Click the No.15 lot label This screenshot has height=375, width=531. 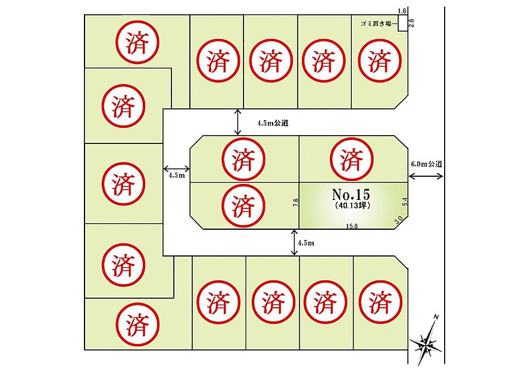pyautogui.click(x=351, y=195)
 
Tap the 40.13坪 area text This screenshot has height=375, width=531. pyautogui.click(x=351, y=205)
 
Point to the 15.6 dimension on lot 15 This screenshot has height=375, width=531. pyautogui.click(x=352, y=226)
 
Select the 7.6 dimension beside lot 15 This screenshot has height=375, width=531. pyautogui.click(x=296, y=202)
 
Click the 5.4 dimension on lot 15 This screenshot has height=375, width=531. pyautogui.click(x=405, y=202)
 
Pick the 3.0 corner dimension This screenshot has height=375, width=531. pyautogui.click(x=399, y=220)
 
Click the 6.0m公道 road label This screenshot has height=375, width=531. pyautogui.click(x=427, y=164)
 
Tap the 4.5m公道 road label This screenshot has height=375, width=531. pyautogui.click(x=273, y=123)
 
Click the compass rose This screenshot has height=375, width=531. pyautogui.click(x=426, y=342)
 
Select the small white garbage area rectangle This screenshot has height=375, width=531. pyautogui.click(x=402, y=23)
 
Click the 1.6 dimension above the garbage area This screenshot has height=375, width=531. pyautogui.click(x=402, y=11)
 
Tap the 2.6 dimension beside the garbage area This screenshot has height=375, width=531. pyautogui.click(x=412, y=23)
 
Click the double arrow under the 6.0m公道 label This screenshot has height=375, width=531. pyautogui.click(x=426, y=176)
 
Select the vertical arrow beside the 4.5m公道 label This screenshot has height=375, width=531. pyautogui.click(x=238, y=122)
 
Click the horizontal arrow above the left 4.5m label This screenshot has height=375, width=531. pyautogui.click(x=176, y=168)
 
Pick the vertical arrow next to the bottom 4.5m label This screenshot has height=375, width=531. pyautogui.click(x=294, y=242)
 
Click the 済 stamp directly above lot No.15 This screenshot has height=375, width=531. pyautogui.click(x=352, y=159)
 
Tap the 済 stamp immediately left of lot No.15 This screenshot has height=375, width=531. pyautogui.click(x=243, y=205)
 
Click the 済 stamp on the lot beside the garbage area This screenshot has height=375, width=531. pyautogui.click(x=380, y=61)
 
